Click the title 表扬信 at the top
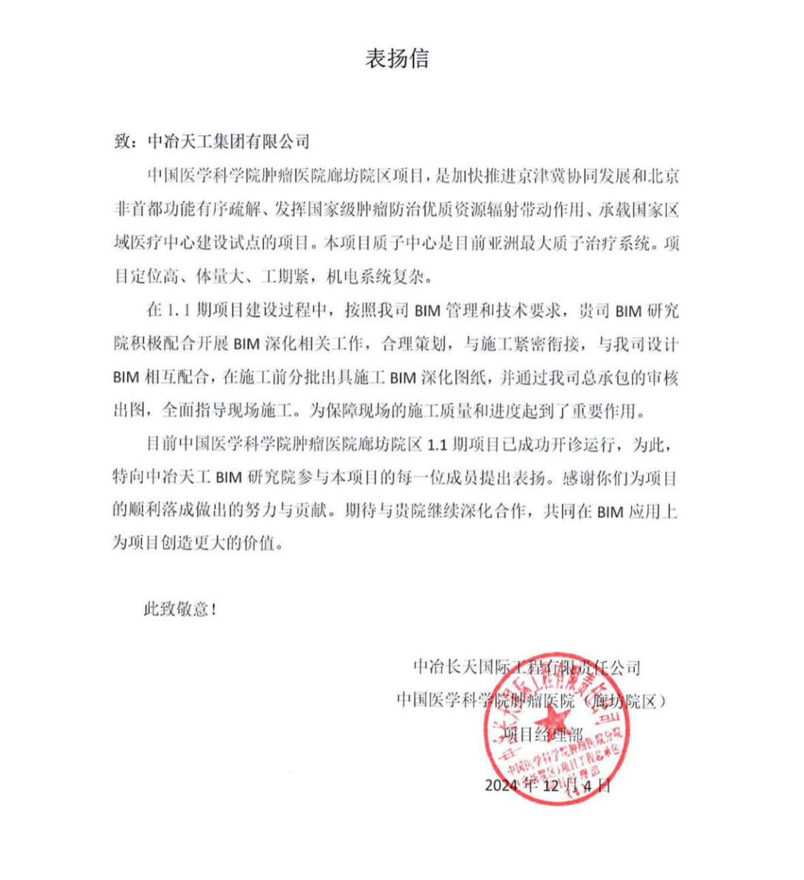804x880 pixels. tap(397, 59)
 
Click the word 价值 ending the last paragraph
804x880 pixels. tap(266, 545)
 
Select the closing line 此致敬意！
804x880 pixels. tap(180, 610)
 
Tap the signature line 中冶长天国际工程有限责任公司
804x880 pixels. tap(526, 668)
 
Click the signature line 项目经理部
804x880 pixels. tap(542, 734)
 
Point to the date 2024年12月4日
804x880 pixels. tap(548, 785)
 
